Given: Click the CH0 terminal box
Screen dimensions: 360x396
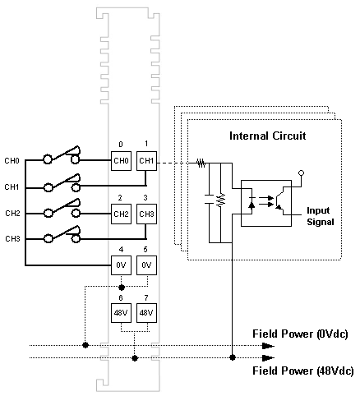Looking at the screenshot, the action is point(121,161).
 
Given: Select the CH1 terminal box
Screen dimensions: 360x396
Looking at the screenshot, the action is point(146,161).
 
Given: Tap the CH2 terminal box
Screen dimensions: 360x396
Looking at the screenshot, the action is point(121,214).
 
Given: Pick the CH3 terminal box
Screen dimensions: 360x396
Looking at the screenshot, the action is point(146,214).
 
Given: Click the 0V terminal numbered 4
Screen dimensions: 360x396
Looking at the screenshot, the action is point(121,265).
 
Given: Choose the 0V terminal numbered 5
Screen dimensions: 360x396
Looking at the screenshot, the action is point(146,265).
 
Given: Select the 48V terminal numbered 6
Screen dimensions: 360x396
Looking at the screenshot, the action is point(121,313).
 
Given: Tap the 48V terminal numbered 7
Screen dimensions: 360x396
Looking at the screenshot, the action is point(146,313).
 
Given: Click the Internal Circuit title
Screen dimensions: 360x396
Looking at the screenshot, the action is point(267,136).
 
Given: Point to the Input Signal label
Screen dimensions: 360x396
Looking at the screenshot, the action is point(321,216).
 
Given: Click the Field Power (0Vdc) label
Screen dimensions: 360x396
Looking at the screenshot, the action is point(300,334).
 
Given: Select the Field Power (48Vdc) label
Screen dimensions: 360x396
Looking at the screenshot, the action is point(302,371).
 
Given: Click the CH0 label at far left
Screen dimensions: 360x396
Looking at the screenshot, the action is point(12,161).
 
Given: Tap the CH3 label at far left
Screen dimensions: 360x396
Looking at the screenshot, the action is point(12,239).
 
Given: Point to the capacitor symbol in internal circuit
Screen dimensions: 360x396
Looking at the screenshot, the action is point(209,199).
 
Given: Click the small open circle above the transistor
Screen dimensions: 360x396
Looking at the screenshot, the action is point(301,173).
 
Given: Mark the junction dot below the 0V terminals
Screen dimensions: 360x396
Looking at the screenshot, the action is point(122,288).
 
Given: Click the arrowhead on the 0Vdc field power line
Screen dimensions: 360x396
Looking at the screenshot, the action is point(268,346).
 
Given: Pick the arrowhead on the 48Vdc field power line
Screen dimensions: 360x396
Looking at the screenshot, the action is point(268,357).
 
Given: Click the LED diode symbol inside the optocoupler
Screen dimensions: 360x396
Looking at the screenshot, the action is point(252,204).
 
